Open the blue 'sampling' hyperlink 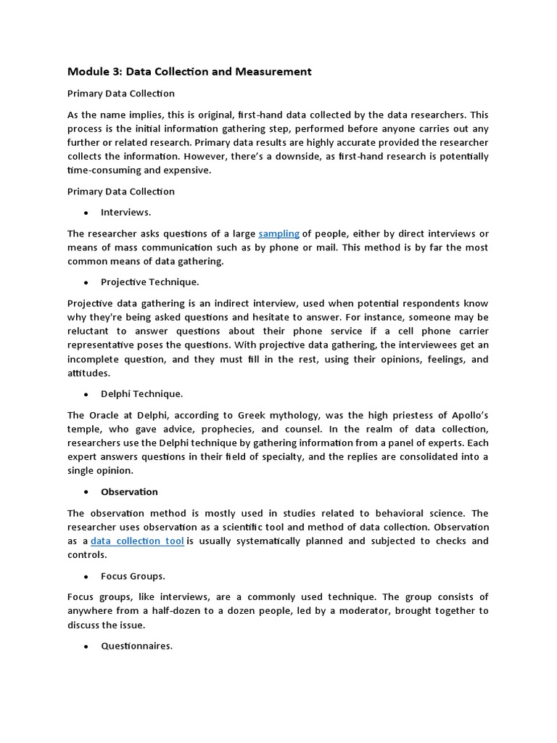coord(279,234)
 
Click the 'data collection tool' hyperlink coord(137,541)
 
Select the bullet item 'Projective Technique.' coord(149,282)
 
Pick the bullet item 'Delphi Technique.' coord(141,394)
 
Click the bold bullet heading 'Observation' coord(129,492)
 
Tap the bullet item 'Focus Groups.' coord(133,576)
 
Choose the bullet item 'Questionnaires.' coord(136,646)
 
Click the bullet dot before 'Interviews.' coord(86,213)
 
